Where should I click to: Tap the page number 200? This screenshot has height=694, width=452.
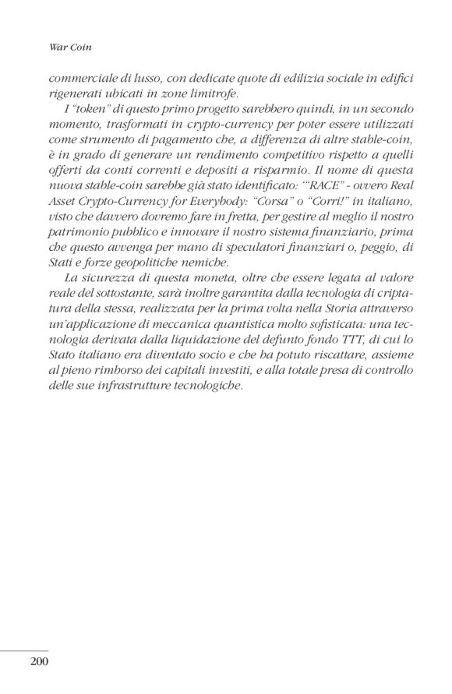coord(40,663)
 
